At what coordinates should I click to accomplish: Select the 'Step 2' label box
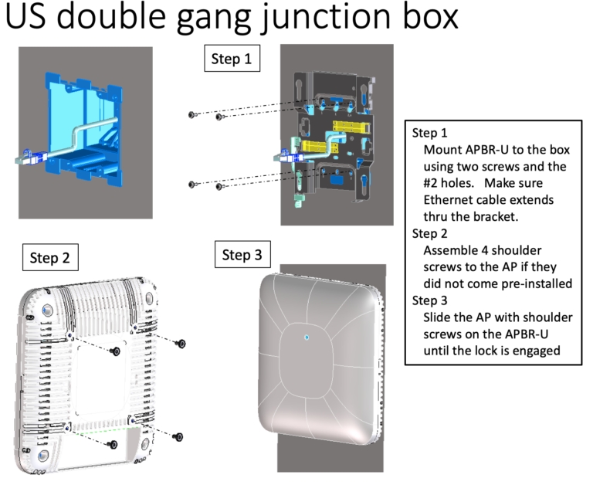click(x=50, y=258)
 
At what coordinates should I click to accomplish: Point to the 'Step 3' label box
click(x=242, y=255)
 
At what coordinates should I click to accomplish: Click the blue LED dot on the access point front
click(x=306, y=337)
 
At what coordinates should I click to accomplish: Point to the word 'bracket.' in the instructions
click(x=492, y=217)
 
